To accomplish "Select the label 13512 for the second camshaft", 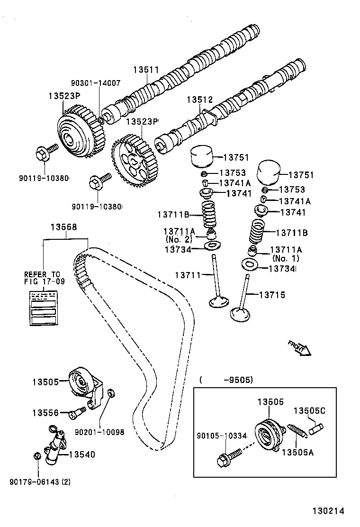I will (199, 100).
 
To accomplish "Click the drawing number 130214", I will (327, 511).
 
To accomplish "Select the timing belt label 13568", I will (63, 227).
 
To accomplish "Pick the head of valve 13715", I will (240, 313).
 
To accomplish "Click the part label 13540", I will (82, 454).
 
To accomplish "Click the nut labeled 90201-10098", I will (110, 393).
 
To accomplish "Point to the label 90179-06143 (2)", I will (40, 482).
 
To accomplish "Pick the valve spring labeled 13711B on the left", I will (208, 215).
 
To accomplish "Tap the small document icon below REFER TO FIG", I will (44, 308).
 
